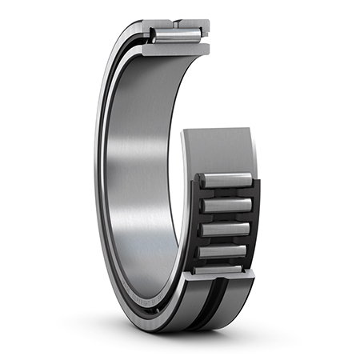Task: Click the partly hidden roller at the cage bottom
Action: (222, 270)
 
